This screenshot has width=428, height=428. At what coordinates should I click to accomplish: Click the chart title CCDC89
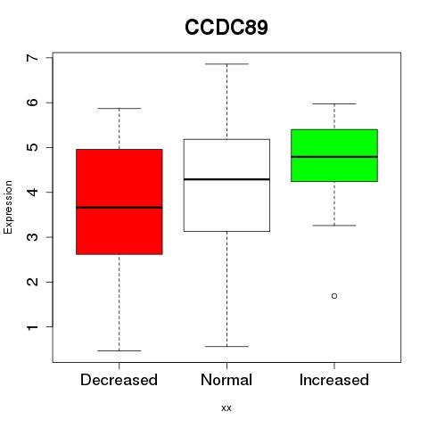point(226,27)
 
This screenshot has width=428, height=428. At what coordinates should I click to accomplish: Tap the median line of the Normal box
point(226,179)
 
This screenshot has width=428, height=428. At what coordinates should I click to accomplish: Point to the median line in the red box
point(119,208)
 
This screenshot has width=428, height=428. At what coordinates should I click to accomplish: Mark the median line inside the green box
point(334,157)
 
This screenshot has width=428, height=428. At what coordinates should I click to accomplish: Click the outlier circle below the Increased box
point(334,296)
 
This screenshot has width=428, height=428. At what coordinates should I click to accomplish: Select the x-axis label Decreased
point(119,380)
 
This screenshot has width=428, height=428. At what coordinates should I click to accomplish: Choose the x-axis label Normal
point(226,380)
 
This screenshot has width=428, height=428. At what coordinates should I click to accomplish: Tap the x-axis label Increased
point(334,380)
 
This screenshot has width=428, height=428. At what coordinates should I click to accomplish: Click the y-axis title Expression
point(8,207)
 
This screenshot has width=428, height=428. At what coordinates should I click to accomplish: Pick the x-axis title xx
point(226,408)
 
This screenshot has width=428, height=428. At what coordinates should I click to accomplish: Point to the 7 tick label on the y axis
point(33,57)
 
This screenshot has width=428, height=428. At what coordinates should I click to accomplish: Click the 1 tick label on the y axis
point(33,327)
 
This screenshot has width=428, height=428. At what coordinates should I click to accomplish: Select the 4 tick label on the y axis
point(33,192)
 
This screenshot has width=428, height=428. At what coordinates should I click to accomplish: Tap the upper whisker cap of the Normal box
point(226,64)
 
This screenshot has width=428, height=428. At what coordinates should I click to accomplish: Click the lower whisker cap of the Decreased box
point(119,350)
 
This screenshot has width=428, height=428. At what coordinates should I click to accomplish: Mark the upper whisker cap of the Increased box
point(334,103)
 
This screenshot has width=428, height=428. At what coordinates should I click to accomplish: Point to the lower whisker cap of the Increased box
point(334,226)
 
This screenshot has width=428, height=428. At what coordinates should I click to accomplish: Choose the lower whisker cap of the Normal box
point(226,346)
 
